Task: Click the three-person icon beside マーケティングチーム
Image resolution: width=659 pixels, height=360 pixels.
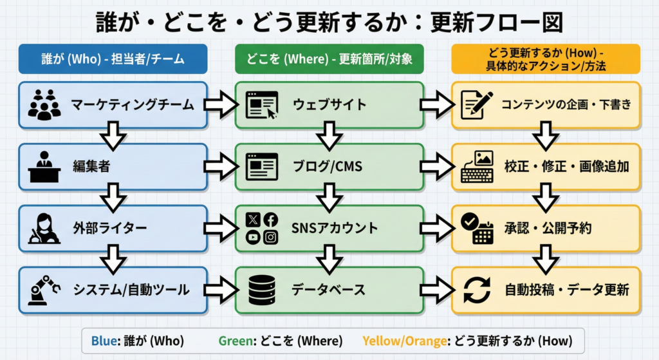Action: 44,105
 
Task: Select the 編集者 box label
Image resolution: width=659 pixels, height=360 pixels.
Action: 91,167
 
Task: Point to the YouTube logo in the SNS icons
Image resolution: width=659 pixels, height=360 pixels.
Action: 253,238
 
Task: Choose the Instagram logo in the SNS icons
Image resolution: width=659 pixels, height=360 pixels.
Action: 271,238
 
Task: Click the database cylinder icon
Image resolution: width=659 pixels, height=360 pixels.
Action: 261,290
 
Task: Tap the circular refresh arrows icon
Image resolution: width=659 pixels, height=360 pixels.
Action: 477,290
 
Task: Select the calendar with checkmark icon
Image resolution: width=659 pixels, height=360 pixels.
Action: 477,229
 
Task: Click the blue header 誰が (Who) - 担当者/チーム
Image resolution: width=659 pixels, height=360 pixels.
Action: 113,59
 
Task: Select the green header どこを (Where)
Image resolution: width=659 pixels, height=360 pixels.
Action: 329,59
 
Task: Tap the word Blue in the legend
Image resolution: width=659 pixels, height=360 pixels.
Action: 103,339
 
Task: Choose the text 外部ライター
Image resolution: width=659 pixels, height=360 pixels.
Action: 109,229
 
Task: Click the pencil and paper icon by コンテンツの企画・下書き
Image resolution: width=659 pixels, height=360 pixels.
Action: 477,105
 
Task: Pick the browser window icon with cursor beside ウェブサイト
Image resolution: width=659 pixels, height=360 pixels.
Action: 261,105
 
